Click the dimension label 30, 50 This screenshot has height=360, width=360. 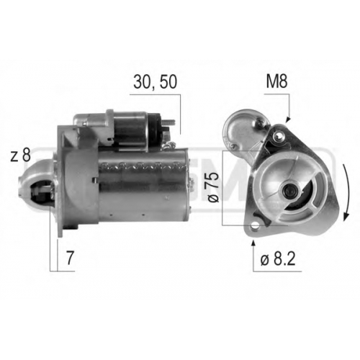pos(156,82)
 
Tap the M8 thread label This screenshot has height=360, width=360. pos(276,82)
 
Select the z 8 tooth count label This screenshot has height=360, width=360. pos(21,156)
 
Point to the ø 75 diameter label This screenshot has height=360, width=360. pos(213,187)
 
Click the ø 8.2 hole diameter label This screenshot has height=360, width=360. pos(278,258)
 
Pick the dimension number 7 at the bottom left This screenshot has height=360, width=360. pos(70,258)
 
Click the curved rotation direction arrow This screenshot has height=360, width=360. pos(346,192)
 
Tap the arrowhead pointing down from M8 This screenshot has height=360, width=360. pos(288,120)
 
